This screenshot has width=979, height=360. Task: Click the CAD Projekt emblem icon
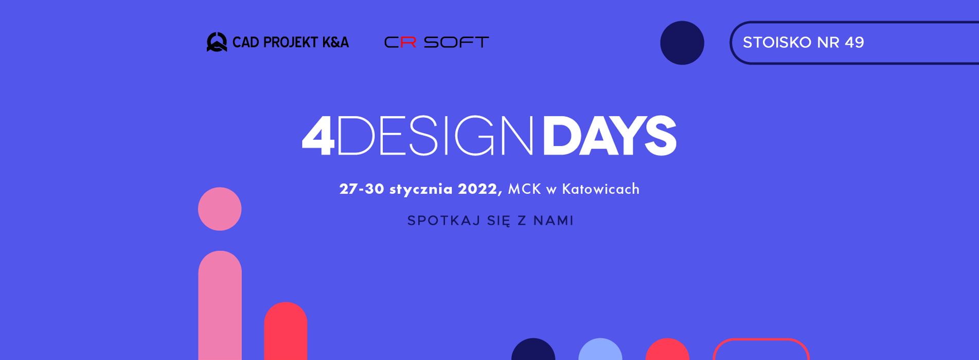(217, 42)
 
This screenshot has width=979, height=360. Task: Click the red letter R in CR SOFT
(408, 42)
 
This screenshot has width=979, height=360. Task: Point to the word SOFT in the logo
(456, 42)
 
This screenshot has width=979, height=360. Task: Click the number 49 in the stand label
(854, 42)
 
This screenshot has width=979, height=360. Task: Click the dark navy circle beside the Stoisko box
(682, 43)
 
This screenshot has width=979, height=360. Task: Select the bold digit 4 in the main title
(318, 136)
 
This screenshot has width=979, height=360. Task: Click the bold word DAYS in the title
(609, 136)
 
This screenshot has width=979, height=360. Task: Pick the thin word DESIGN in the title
(436, 136)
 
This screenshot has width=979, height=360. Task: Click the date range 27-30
(362, 189)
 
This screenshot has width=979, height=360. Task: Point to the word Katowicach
(600, 189)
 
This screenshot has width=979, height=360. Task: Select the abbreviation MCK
(524, 189)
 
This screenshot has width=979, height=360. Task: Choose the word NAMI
(553, 221)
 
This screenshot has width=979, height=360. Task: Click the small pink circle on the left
(220, 209)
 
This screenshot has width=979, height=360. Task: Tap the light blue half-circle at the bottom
(600, 349)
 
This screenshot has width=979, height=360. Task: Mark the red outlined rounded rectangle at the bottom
(761, 339)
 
